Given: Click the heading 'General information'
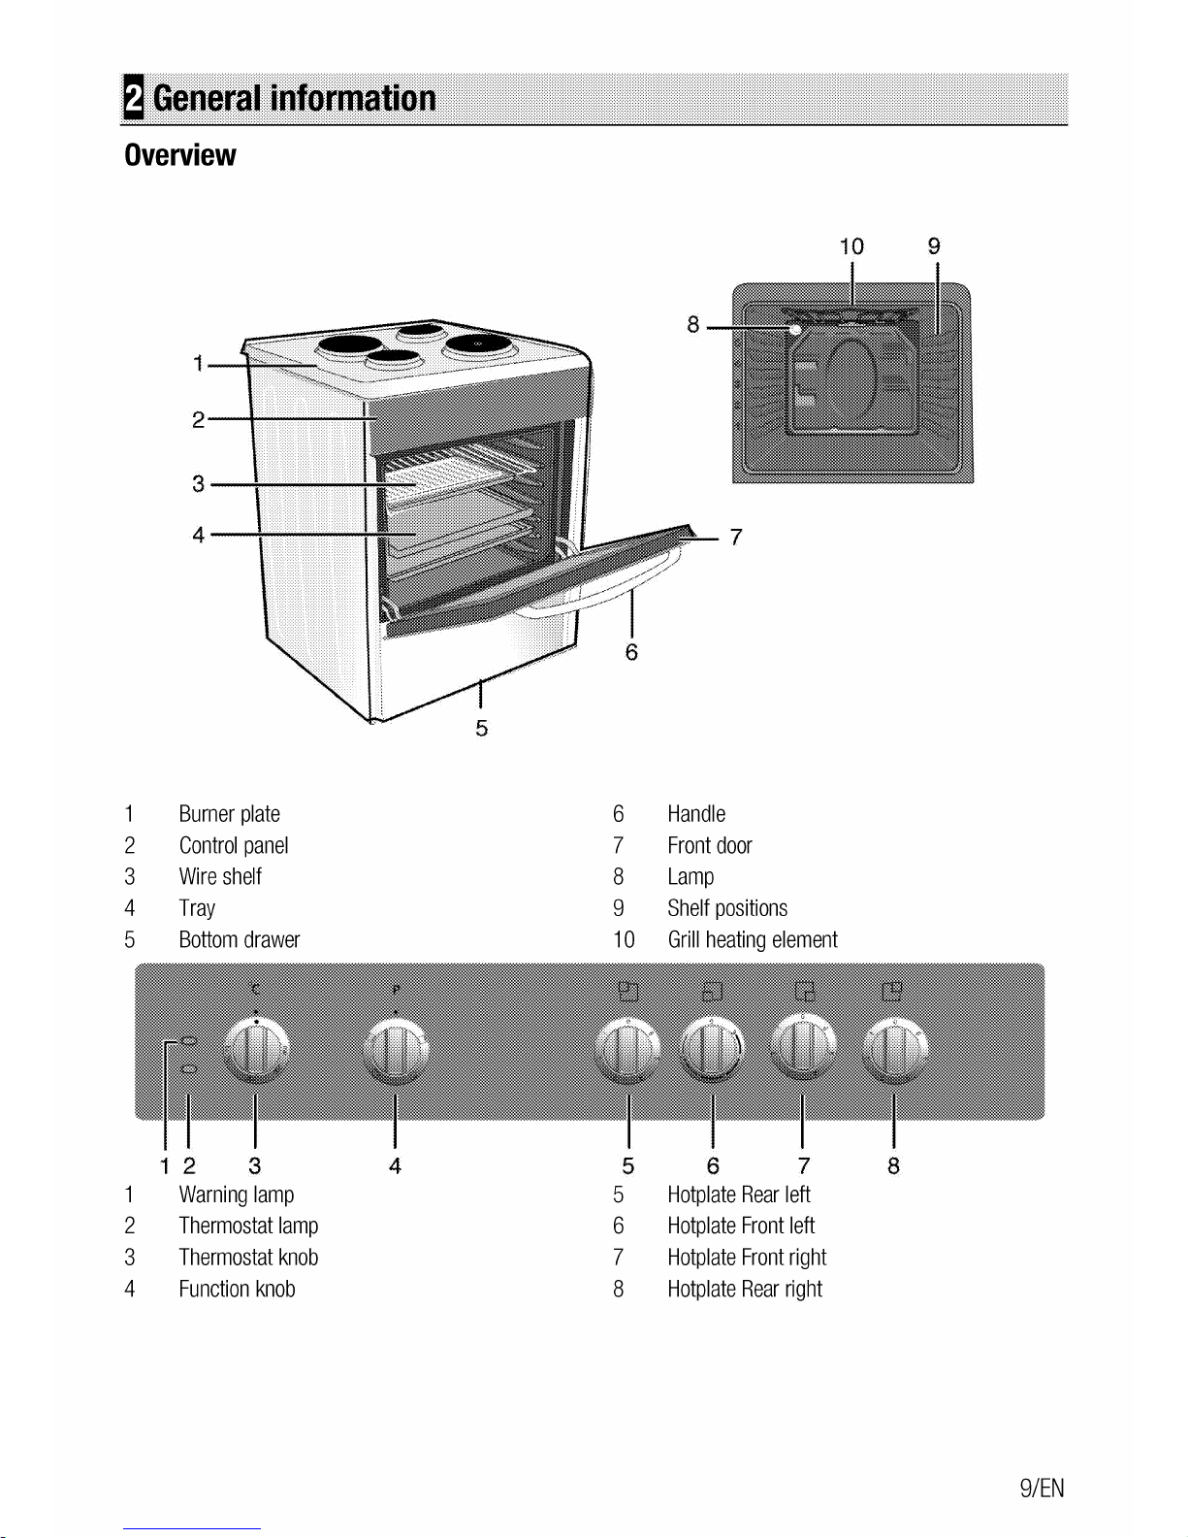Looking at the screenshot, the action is click(x=294, y=98).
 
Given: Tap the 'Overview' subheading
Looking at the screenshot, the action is click(x=180, y=155).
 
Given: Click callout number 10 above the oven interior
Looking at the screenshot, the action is click(x=851, y=246).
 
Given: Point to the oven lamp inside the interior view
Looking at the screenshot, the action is click(x=795, y=329).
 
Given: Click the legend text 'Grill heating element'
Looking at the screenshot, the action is click(x=753, y=940).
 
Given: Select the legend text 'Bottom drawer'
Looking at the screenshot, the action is click(x=239, y=940).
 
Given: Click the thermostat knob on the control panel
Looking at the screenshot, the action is click(x=256, y=1050).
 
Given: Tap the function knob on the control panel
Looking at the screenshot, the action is click(x=396, y=1050).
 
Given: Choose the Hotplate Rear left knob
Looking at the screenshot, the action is click(x=628, y=1050).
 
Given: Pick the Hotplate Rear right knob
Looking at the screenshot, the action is click(x=894, y=1050).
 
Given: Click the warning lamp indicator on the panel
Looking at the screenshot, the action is click(x=189, y=1040).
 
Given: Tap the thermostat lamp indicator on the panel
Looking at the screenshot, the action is click(x=189, y=1068).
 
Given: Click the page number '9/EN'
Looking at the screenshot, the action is click(x=1042, y=1488).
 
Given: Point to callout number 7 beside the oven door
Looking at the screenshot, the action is click(x=736, y=538).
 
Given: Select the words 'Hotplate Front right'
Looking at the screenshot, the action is click(x=747, y=1257).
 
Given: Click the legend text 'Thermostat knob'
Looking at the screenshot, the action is click(x=248, y=1257).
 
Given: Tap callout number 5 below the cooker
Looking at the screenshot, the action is click(x=482, y=728).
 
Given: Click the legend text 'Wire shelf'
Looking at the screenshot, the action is click(x=220, y=876).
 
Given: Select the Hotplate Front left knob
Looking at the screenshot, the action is click(x=713, y=1050).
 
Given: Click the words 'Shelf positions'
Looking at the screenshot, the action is click(x=727, y=908).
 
